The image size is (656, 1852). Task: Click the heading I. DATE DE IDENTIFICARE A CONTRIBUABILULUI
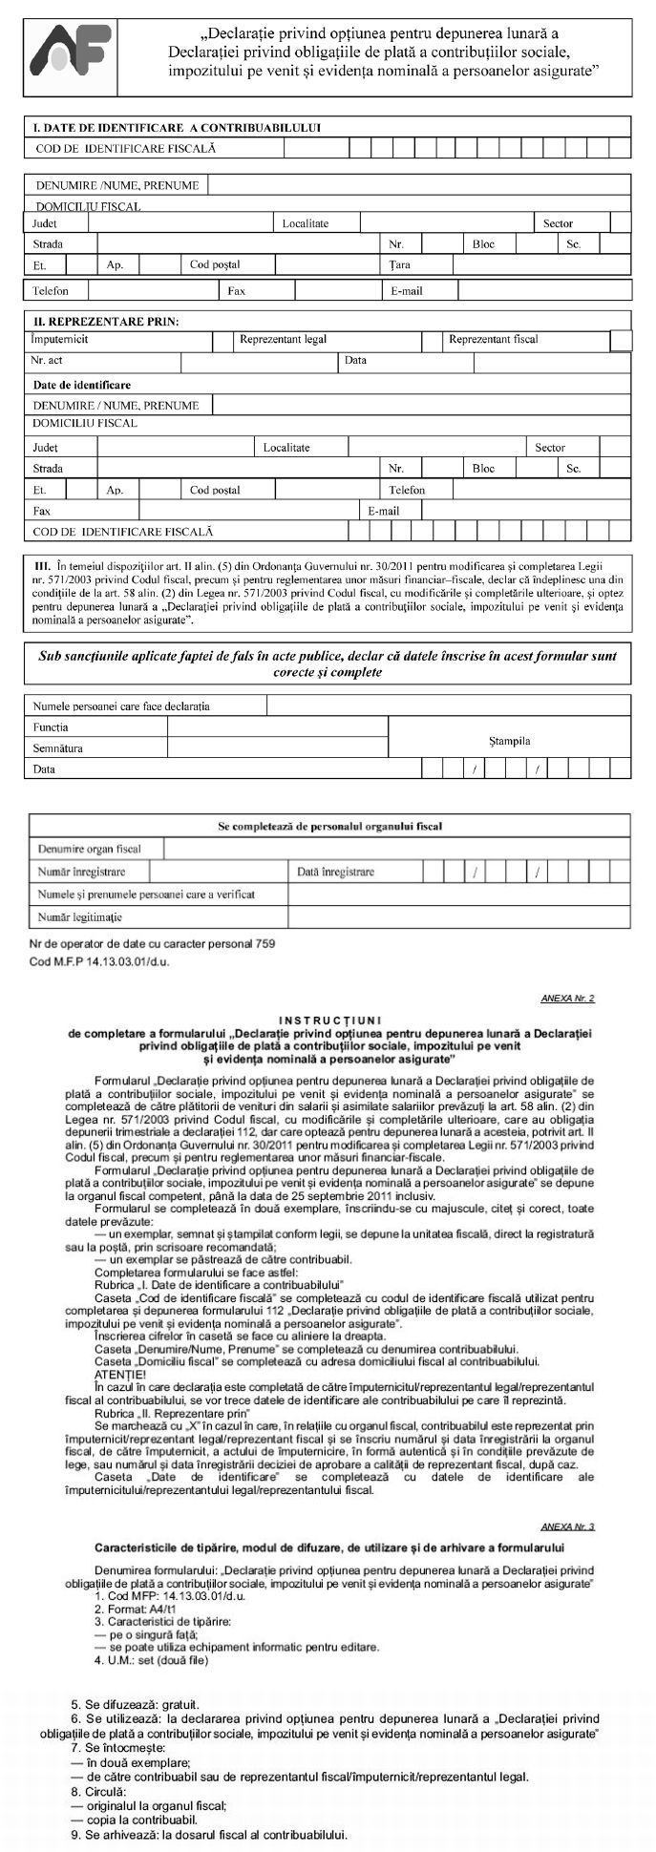[177, 127]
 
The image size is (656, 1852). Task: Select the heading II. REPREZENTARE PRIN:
[106, 322]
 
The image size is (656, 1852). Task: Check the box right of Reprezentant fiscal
[621, 341]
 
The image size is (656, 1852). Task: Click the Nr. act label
[47, 361]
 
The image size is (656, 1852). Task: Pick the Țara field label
[399, 264]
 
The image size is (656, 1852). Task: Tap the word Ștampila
[509, 741]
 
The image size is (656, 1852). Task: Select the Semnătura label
[58, 748]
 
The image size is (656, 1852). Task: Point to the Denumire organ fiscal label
[89, 849]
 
